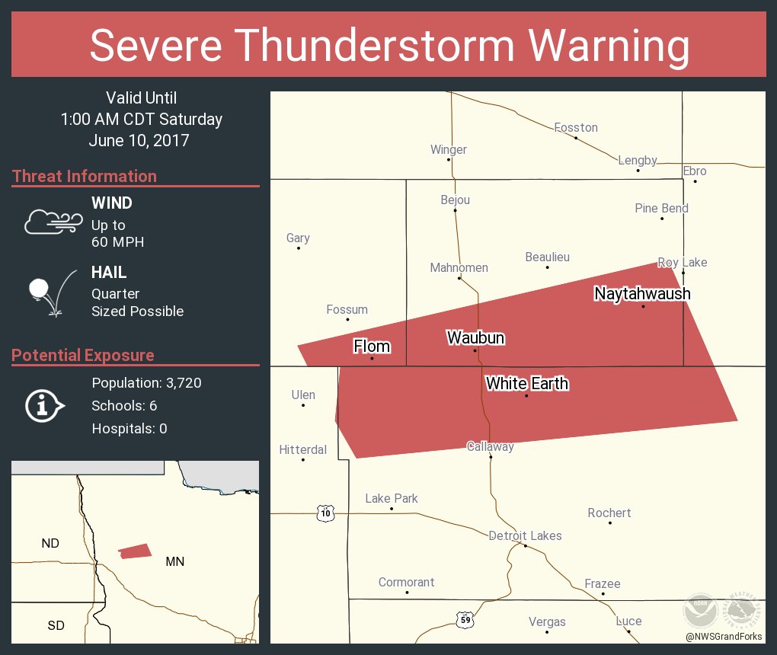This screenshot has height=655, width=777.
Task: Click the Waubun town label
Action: click(475, 337)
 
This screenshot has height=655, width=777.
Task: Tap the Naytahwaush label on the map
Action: click(642, 293)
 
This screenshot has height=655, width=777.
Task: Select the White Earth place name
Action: click(527, 383)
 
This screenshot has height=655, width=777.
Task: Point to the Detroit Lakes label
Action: click(525, 535)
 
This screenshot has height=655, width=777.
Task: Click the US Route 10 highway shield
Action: click(326, 513)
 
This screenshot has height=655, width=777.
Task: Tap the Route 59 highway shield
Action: click(466, 620)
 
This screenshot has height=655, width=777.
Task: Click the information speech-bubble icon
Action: click(44, 405)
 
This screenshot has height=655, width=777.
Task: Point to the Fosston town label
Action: click(576, 127)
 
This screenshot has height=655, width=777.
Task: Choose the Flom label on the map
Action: click(372, 347)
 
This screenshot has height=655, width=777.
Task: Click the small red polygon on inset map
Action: click(135, 551)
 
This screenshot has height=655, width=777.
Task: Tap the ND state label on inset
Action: click(50, 543)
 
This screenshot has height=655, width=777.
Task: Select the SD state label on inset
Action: click(56, 625)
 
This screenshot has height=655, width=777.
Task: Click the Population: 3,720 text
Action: click(146, 382)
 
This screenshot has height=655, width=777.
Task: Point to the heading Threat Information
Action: click(85, 176)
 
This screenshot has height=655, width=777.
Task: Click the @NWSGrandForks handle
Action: click(724, 636)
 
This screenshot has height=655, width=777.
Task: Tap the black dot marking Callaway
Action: click(491, 457)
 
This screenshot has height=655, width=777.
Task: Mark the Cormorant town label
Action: click(406, 582)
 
